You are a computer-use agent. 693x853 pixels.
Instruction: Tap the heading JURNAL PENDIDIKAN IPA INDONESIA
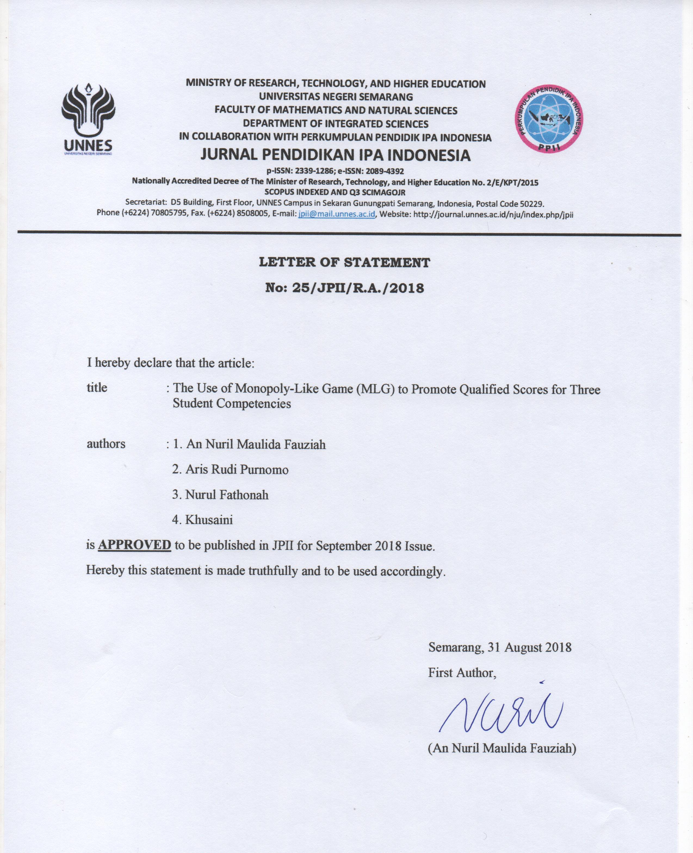(x=335, y=155)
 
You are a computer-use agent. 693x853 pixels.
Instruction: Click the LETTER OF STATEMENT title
(x=345, y=262)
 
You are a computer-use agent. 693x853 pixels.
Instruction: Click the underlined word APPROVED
(x=135, y=545)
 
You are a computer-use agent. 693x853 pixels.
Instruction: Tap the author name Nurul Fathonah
(x=227, y=495)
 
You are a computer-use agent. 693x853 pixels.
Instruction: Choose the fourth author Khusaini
(x=209, y=520)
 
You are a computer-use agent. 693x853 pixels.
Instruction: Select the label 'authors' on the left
(x=106, y=444)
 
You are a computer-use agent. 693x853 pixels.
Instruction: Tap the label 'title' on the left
(x=97, y=388)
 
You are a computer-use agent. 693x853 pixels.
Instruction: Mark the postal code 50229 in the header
(x=531, y=204)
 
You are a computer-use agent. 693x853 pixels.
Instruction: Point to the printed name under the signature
(x=502, y=748)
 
